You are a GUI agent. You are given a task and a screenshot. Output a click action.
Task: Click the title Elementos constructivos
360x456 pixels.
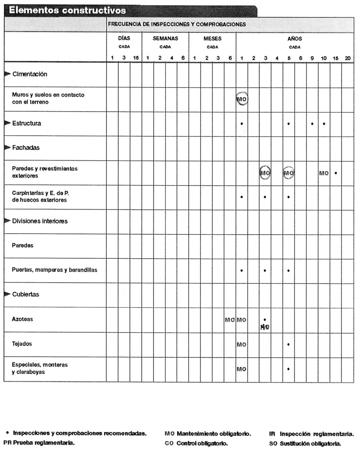[x=67, y=10]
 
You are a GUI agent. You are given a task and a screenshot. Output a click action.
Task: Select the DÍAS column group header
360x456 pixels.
[x=124, y=38]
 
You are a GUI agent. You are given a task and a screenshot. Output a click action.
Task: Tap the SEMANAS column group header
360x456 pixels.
[x=165, y=38]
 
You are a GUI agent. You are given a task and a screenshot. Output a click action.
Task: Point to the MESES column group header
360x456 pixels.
[x=212, y=39]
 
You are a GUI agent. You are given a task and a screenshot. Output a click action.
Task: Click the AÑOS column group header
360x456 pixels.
[x=295, y=39]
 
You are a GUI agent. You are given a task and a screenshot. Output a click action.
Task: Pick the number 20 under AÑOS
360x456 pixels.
[x=348, y=58]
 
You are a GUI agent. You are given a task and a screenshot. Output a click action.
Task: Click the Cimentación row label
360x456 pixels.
[x=30, y=74]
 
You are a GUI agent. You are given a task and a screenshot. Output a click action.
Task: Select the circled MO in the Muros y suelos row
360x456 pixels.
[x=242, y=99]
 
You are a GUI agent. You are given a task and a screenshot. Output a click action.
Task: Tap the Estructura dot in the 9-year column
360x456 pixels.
[x=312, y=124]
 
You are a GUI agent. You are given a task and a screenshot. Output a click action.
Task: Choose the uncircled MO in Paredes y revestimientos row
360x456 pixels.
[x=324, y=173]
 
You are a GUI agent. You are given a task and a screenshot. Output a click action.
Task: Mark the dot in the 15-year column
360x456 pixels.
[x=336, y=173]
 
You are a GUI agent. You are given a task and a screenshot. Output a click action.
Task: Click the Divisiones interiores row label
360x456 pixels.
[x=40, y=221]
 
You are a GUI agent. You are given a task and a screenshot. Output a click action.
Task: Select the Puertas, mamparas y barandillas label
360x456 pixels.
[x=55, y=270]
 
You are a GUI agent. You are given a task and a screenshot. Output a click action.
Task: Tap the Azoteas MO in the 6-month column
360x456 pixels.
[x=230, y=320]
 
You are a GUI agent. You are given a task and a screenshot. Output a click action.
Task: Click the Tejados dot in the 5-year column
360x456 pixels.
[x=289, y=344]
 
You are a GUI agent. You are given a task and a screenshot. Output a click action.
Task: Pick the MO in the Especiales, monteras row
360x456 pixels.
[x=241, y=369]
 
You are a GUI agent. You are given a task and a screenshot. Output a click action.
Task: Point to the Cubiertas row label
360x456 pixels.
[x=25, y=294]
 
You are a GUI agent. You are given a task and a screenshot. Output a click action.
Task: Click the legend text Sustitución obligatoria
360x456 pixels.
[x=310, y=443]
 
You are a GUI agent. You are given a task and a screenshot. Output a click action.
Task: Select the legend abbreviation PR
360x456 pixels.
[x=7, y=442]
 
